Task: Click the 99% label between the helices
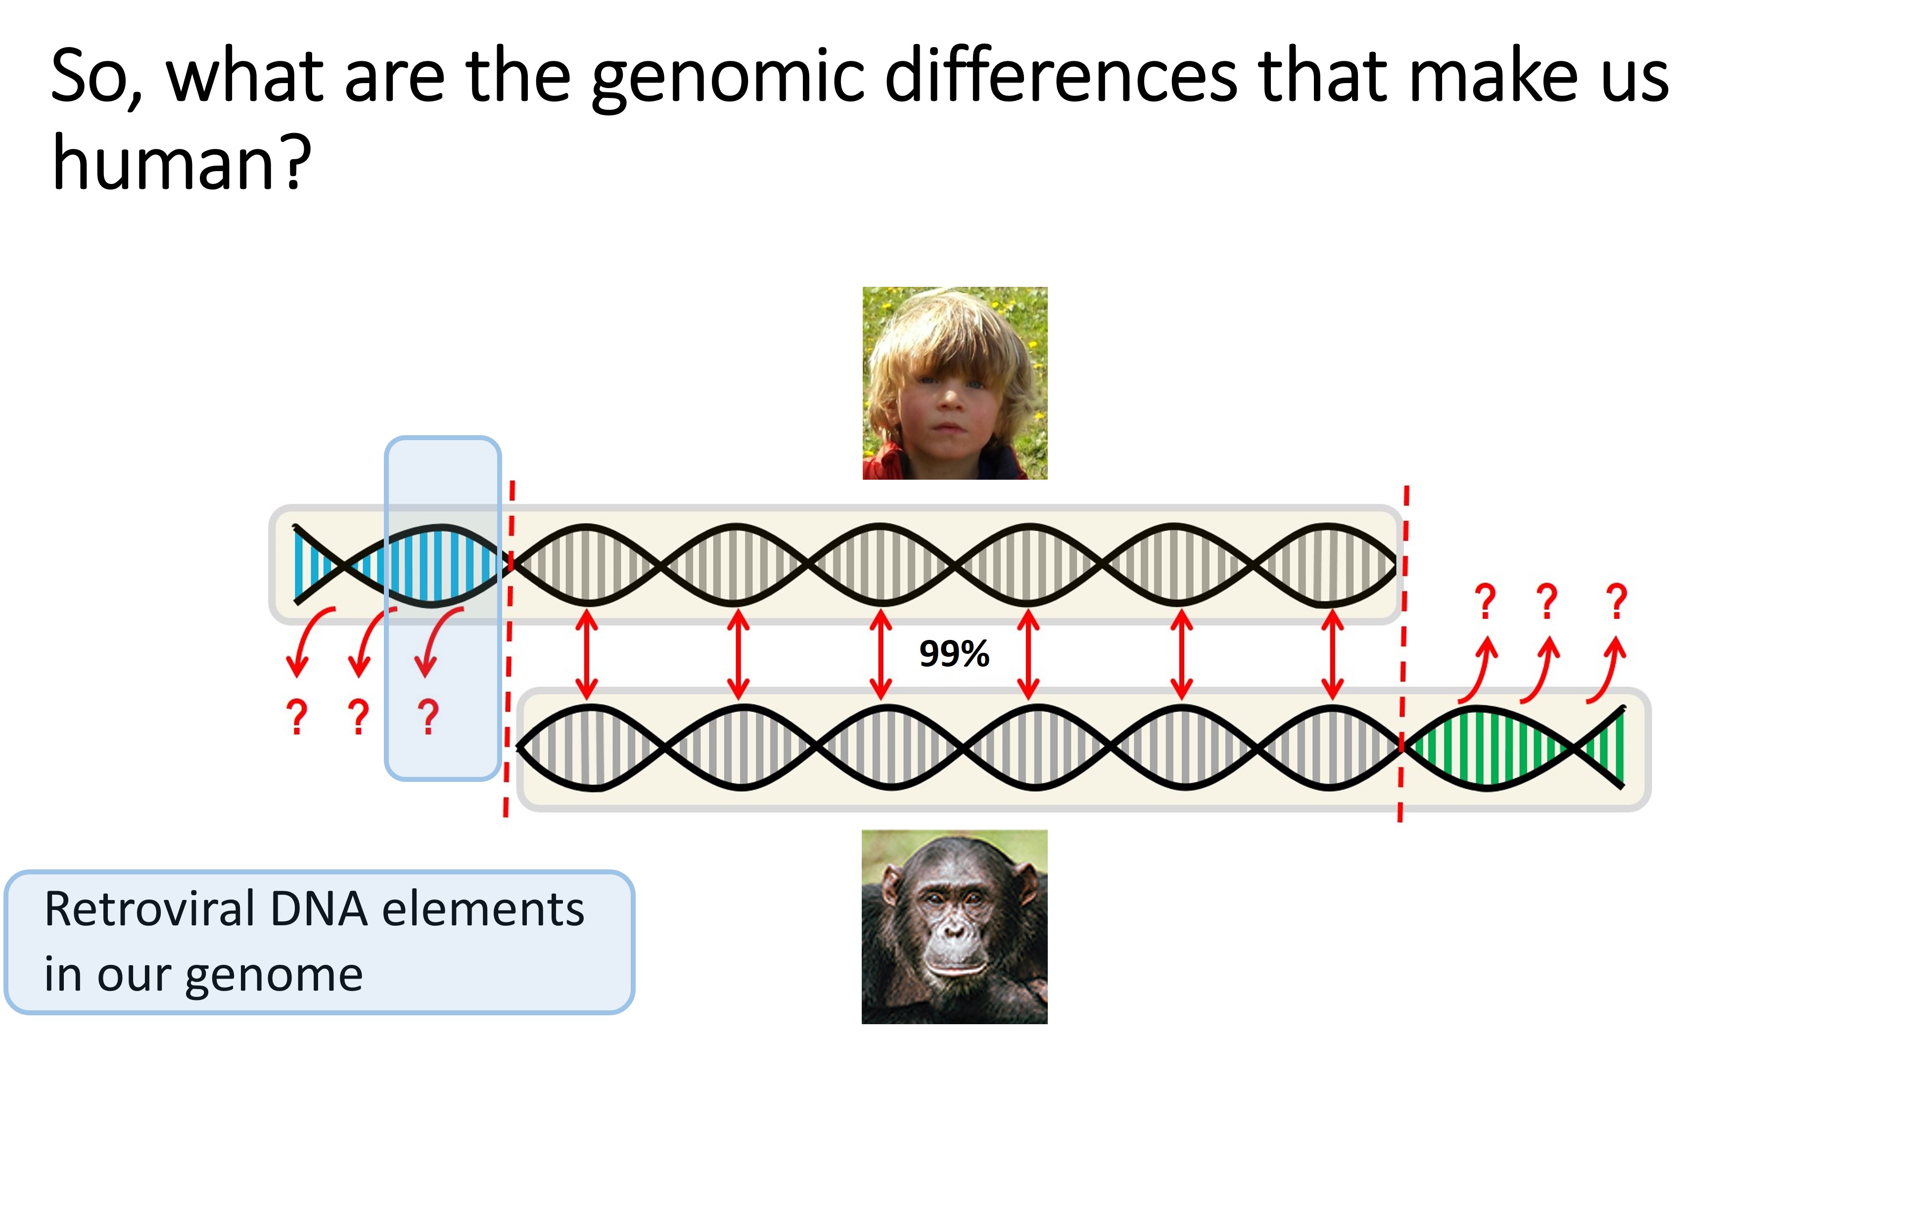pyautogui.click(x=954, y=654)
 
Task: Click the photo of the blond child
pyautogui.click(x=955, y=383)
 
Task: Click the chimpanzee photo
pyautogui.click(x=955, y=927)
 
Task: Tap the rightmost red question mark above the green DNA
pyautogui.click(x=1616, y=601)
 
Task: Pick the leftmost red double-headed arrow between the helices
pyautogui.click(x=586, y=654)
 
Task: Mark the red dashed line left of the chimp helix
pyautogui.click(x=509, y=648)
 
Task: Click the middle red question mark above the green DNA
pyautogui.click(x=1546, y=601)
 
